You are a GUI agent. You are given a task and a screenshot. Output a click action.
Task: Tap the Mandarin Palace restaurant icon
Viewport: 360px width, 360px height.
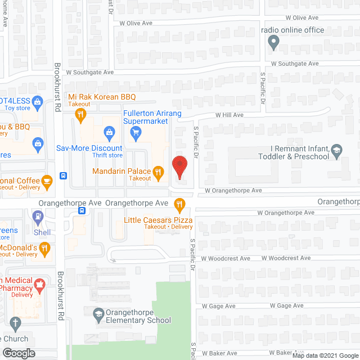[158, 172]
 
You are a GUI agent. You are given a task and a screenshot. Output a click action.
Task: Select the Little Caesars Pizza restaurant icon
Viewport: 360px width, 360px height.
[179, 204]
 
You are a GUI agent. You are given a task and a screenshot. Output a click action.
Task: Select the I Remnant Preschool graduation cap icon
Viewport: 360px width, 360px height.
[336, 150]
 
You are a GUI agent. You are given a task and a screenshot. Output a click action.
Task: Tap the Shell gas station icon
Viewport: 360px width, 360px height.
[38, 216]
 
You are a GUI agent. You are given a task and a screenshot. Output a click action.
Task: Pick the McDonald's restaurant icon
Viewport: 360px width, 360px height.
[46, 248]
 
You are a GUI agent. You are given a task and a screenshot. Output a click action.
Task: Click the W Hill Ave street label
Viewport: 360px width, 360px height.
[229, 115]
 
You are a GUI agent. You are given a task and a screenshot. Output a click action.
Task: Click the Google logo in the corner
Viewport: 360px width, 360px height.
[18, 353]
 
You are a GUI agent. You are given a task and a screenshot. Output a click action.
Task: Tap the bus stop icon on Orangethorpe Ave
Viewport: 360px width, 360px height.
[83, 211]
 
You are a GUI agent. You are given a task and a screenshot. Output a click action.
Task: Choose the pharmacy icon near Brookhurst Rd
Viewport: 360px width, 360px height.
[39, 285]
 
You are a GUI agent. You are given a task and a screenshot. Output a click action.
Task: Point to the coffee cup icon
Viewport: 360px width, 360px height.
[47, 181]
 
